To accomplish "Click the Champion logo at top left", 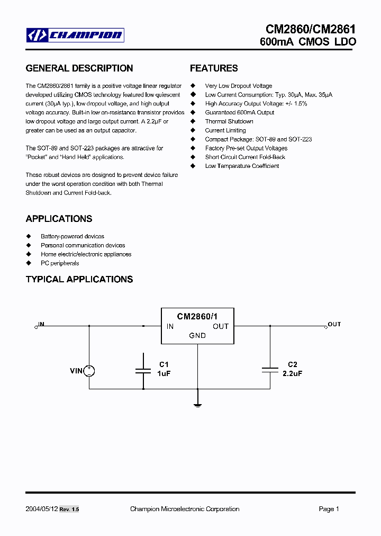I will pyautogui.click(x=75, y=35).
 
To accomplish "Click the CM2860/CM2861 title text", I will pyautogui.click(x=311, y=30).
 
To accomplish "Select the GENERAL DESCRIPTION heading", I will pyautogui.click(x=79, y=68).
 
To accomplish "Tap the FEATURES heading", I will pyautogui.click(x=214, y=68).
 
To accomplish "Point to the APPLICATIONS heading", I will pyautogui.click(x=59, y=219).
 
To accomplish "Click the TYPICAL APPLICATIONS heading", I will pyautogui.click(x=79, y=279).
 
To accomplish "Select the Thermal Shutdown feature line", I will pyautogui.click(x=229, y=121).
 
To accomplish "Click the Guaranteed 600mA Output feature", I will pyautogui.click(x=240, y=112).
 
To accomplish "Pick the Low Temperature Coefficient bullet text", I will pyautogui.click(x=242, y=166).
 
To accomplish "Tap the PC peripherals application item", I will pyautogui.click(x=60, y=263).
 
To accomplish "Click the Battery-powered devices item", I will pyautogui.click(x=72, y=236).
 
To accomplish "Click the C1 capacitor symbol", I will pyautogui.click(x=143, y=371).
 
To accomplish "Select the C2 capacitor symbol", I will pyautogui.click(x=270, y=370).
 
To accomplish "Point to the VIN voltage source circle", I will pyautogui.click(x=89, y=371).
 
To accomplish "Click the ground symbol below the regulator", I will pyautogui.click(x=198, y=405).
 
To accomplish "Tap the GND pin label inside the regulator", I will pyautogui.click(x=197, y=335).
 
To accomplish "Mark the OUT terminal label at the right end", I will pyautogui.click(x=334, y=324).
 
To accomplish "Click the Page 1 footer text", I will pyautogui.click(x=329, y=509).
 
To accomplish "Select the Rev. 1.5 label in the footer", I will pyautogui.click(x=69, y=510).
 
